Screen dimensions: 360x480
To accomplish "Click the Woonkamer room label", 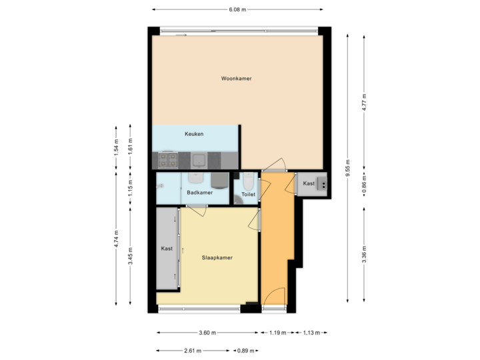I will [x=237, y=79].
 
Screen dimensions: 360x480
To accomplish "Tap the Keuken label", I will [x=194, y=134].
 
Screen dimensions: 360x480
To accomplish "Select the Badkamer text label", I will [x=199, y=193].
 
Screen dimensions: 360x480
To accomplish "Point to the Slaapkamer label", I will [x=217, y=257].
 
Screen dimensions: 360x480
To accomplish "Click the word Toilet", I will [x=248, y=195].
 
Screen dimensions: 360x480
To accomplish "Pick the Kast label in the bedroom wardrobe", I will [x=167, y=249].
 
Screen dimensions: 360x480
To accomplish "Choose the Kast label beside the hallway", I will [x=309, y=183].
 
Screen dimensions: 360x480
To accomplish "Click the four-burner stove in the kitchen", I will [x=167, y=160].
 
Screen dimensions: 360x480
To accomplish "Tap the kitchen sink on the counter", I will [x=199, y=160].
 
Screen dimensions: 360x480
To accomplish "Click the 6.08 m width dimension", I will [x=237, y=10].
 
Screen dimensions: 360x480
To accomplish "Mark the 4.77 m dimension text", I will [x=364, y=102].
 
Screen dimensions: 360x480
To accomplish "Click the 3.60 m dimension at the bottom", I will [x=208, y=332].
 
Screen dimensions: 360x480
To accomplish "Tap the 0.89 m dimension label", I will [x=246, y=350].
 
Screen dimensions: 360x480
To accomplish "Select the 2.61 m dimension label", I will [x=194, y=350].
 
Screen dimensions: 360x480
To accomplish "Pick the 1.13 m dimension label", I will [x=311, y=332].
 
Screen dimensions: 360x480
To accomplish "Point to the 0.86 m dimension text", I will [x=364, y=184].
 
